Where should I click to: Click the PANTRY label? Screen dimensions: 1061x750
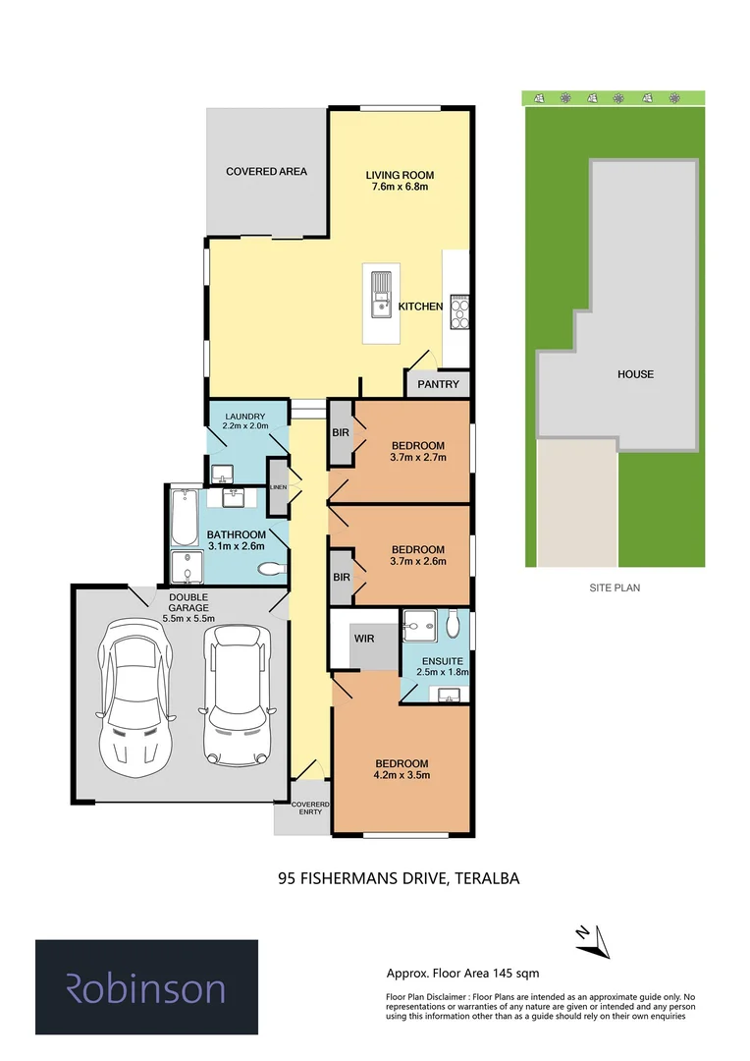(x=438, y=384)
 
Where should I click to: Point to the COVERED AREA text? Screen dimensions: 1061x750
(x=266, y=172)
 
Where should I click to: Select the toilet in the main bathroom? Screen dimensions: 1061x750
(x=270, y=568)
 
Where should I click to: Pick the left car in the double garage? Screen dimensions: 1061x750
(x=134, y=692)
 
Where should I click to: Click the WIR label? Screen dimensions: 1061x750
(x=365, y=637)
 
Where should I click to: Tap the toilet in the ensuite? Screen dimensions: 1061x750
(x=453, y=625)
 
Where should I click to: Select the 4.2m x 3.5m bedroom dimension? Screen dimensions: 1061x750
(x=402, y=776)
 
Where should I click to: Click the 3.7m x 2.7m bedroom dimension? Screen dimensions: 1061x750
(x=418, y=458)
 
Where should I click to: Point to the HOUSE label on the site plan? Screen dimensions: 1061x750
(x=635, y=374)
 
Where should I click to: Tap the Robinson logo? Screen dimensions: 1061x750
(x=146, y=987)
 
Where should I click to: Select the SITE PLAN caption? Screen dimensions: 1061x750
(x=614, y=587)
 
